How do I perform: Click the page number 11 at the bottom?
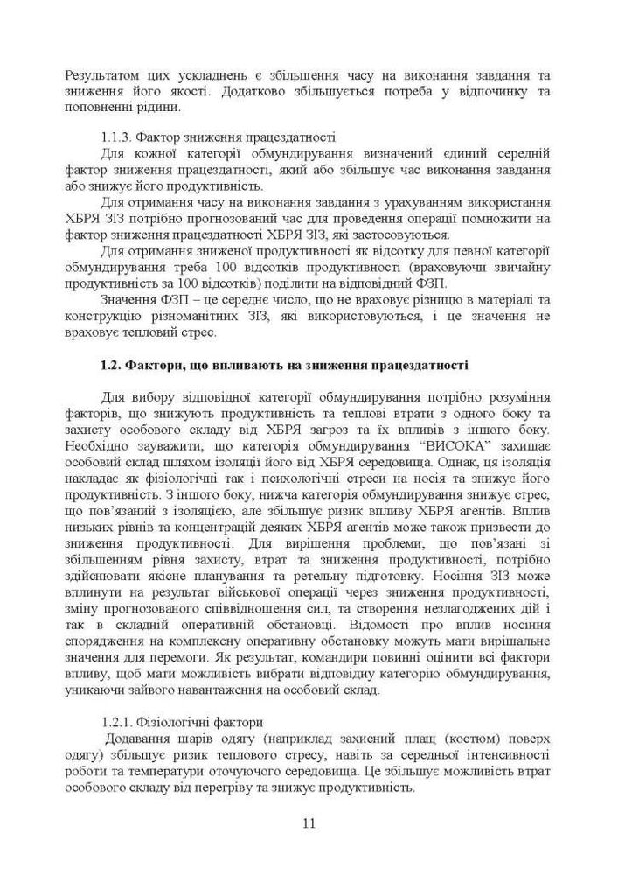point(309,822)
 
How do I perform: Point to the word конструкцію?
point(103,317)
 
